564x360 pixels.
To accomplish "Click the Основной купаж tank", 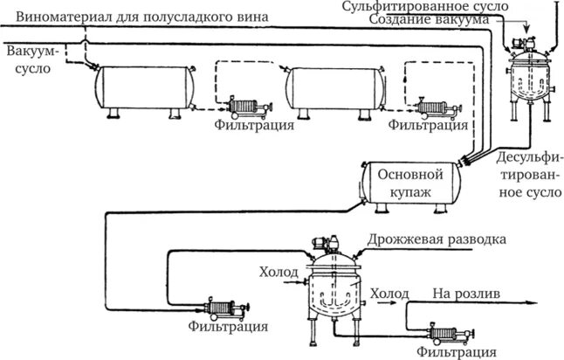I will [x=410, y=184].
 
